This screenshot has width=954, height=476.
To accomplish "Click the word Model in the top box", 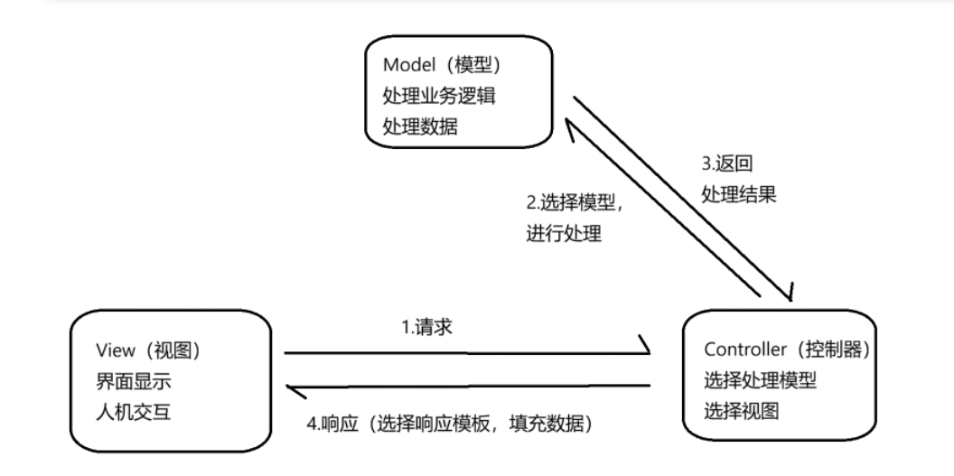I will [x=406, y=66].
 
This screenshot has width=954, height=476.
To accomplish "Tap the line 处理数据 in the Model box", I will [x=420, y=126].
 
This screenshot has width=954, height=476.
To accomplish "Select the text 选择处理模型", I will [x=760, y=380].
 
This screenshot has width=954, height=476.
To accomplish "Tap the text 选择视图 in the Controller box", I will [x=740, y=411].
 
